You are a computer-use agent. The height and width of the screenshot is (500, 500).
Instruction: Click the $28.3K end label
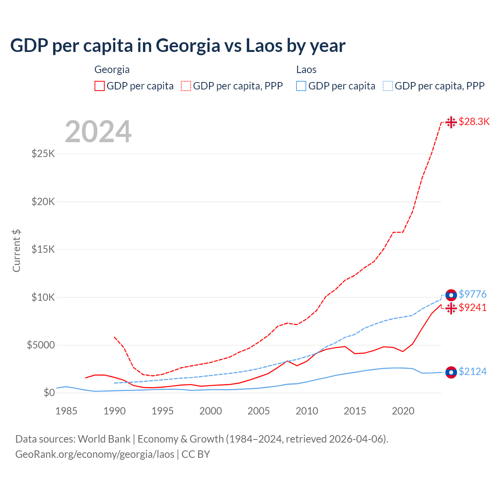click(474, 121)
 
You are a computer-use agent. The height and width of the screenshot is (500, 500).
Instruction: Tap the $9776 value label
click(473, 294)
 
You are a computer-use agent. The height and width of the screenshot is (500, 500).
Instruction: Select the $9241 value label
click(473, 308)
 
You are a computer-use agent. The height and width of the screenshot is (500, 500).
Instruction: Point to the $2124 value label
click(473, 371)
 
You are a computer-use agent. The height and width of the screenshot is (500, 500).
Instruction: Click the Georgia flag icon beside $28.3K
click(451, 122)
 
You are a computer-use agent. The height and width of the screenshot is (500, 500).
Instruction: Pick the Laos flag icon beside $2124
click(451, 373)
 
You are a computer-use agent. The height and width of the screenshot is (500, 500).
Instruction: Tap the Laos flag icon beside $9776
click(451, 295)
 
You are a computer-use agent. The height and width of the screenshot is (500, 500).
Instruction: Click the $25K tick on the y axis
click(43, 154)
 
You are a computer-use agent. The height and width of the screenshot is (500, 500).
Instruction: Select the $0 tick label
click(49, 393)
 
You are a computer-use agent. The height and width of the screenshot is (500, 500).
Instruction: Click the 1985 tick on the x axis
click(66, 411)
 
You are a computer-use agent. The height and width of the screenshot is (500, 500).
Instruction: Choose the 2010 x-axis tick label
click(307, 411)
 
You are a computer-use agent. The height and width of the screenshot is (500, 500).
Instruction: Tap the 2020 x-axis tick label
click(403, 411)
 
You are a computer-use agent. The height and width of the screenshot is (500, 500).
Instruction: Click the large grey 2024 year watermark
click(98, 132)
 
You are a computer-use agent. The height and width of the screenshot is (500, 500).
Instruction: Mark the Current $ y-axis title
click(16, 250)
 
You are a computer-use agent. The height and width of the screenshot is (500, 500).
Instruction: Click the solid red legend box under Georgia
click(100, 86)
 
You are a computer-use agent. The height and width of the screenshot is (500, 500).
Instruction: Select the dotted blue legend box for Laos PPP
click(388, 86)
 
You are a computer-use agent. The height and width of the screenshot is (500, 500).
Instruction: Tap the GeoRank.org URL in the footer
click(95, 454)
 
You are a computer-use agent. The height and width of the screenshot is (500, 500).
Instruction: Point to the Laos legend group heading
click(306, 70)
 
